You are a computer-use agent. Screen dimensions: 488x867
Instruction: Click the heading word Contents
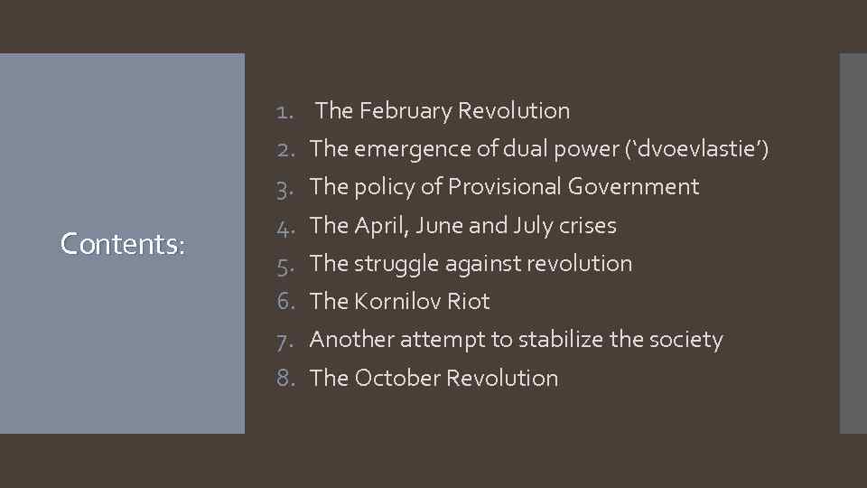tap(122, 243)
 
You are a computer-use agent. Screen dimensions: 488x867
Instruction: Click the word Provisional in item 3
tap(505, 187)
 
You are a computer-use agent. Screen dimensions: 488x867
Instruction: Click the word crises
tap(587, 226)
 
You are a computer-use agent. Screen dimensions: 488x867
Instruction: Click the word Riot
tap(469, 302)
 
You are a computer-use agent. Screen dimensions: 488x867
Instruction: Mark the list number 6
tap(286, 302)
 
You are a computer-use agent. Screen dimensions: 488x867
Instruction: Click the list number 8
tap(286, 378)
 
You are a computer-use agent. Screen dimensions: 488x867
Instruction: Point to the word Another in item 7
tap(351, 340)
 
